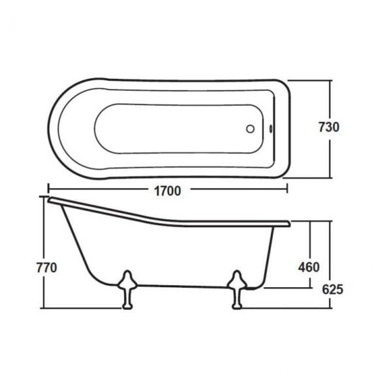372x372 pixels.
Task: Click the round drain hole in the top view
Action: [x=249, y=129]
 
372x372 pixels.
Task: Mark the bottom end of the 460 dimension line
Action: [x=309, y=287]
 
